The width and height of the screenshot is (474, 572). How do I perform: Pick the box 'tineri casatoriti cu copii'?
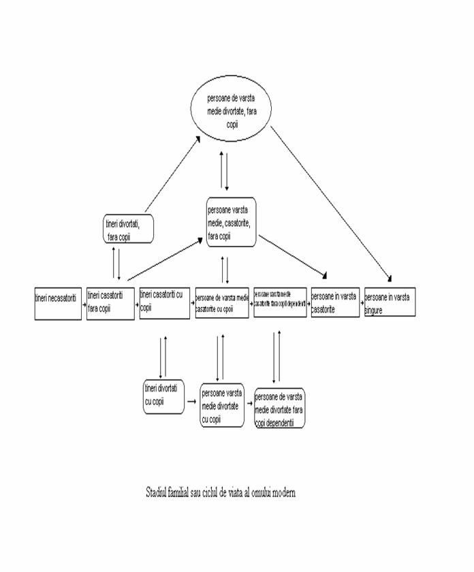pyautogui.click(x=165, y=302)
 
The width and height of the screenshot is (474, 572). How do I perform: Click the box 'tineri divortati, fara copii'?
pyautogui.click(x=127, y=229)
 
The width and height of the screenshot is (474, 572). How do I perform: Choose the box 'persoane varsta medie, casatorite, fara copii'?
pyautogui.click(x=231, y=222)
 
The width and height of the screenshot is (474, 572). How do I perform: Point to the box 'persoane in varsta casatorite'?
pyautogui.click(x=334, y=302)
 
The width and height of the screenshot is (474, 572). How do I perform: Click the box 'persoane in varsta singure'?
pyautogui.click(x=390, y=302)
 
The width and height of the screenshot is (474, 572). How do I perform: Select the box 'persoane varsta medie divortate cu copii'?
pyautogui.click(x=221, y=404)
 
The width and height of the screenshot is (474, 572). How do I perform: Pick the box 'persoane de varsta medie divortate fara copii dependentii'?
pyautogui.click(x=279, y=407)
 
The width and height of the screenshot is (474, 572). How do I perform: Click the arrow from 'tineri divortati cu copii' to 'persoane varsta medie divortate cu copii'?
pyautogui.click(x=192, y=402)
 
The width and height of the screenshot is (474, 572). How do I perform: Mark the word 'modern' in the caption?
pyautogui.click(x=282, y=492)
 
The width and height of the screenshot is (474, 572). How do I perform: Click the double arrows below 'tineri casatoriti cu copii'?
pyautogui.click(x=163, y=356)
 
